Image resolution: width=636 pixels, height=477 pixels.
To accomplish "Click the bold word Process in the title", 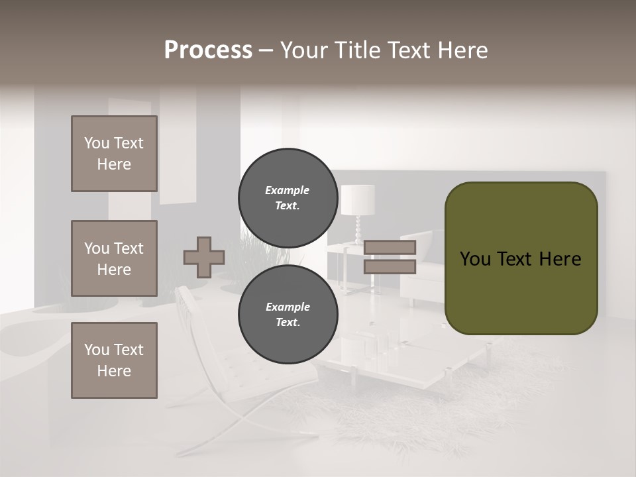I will (x=208, y=50).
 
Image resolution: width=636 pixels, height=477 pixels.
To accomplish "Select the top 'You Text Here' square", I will (x=114, y=154).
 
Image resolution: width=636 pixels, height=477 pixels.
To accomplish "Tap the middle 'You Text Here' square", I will (x=114, y=258).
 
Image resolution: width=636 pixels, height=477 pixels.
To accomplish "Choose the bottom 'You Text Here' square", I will (x=114, y=360).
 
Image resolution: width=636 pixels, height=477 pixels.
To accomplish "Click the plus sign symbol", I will (x=203, y=257).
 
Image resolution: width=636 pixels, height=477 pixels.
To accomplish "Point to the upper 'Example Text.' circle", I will (x=288, y=197).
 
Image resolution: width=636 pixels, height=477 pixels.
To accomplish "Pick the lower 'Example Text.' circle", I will (x=288, y=314).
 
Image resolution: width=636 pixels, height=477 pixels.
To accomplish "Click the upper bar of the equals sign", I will (x=390, y=247).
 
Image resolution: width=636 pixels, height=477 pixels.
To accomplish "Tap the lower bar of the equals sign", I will (x=390, y=266).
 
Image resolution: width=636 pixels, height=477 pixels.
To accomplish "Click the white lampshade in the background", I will (x=358, y=199).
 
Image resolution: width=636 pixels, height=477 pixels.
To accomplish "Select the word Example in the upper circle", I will (x=288, y=190).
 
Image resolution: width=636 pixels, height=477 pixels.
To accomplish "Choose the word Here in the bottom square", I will (x=114, y=371).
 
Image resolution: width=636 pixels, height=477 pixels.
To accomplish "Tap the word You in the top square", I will (x=97, y=143).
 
